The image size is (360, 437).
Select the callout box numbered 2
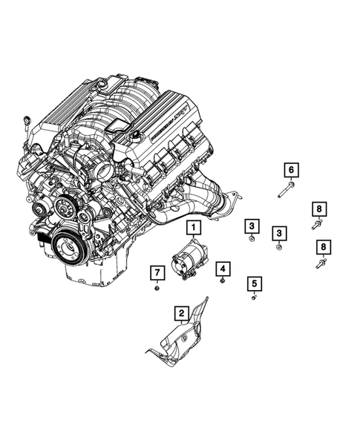180,313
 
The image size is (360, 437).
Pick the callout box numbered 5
255,283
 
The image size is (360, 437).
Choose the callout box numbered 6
290,170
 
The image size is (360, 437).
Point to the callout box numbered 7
157,272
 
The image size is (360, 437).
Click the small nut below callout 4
223,282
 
